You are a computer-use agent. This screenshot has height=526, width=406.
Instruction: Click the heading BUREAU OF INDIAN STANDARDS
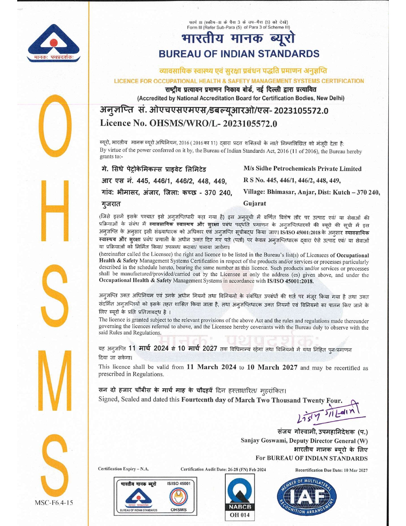pyautogui.click(x=239, y=54)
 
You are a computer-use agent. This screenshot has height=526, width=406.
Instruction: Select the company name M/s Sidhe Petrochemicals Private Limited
pyautogui.click(x=302, y=169)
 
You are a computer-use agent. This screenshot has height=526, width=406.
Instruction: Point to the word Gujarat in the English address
pyautogui.click(x=254, y=203)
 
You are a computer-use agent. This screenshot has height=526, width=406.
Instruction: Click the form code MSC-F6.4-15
pyautogui.click(x=54, y=503)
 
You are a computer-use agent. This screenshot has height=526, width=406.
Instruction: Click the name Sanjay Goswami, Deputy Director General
pyautogui.click(x=304, y=441)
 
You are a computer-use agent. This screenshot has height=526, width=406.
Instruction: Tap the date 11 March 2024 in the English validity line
pyautogui.click(x=211, y=367)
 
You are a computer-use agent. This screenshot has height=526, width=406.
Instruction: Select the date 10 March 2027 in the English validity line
pyautogui.click(x=272, y=367)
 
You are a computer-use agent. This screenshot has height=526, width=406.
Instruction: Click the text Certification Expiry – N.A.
pyautogui.click(x=124, y=469)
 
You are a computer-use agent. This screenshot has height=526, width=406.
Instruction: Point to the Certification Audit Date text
pyautogui.click(x=223, y=470)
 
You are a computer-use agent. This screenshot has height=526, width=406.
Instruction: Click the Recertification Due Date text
pyautogui.click(x=331, y=470)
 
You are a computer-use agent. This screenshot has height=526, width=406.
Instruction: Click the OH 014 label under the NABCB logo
pyautogui.click(x=239, y=515)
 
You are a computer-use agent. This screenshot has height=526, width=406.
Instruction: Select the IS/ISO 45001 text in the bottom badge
pyautogui.click(x=178, y=484)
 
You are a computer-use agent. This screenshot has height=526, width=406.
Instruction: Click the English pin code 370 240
pyautogui.click(x=368, y=192)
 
